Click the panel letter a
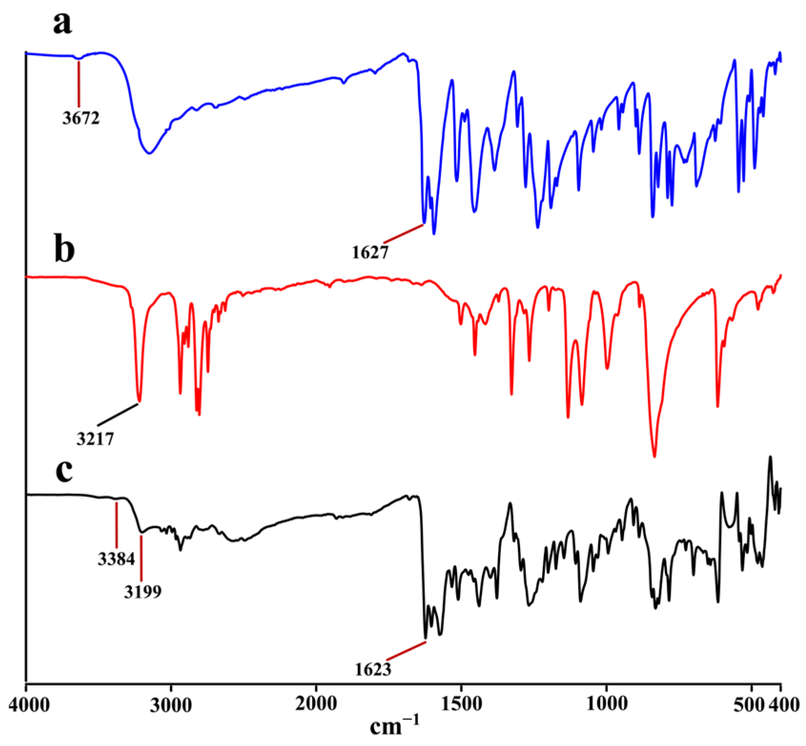62,22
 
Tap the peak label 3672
81,118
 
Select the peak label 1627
370,252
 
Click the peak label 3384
116,559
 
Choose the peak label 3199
143,592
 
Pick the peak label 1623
373,670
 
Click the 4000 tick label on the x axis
30,705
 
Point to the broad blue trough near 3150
150,153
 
